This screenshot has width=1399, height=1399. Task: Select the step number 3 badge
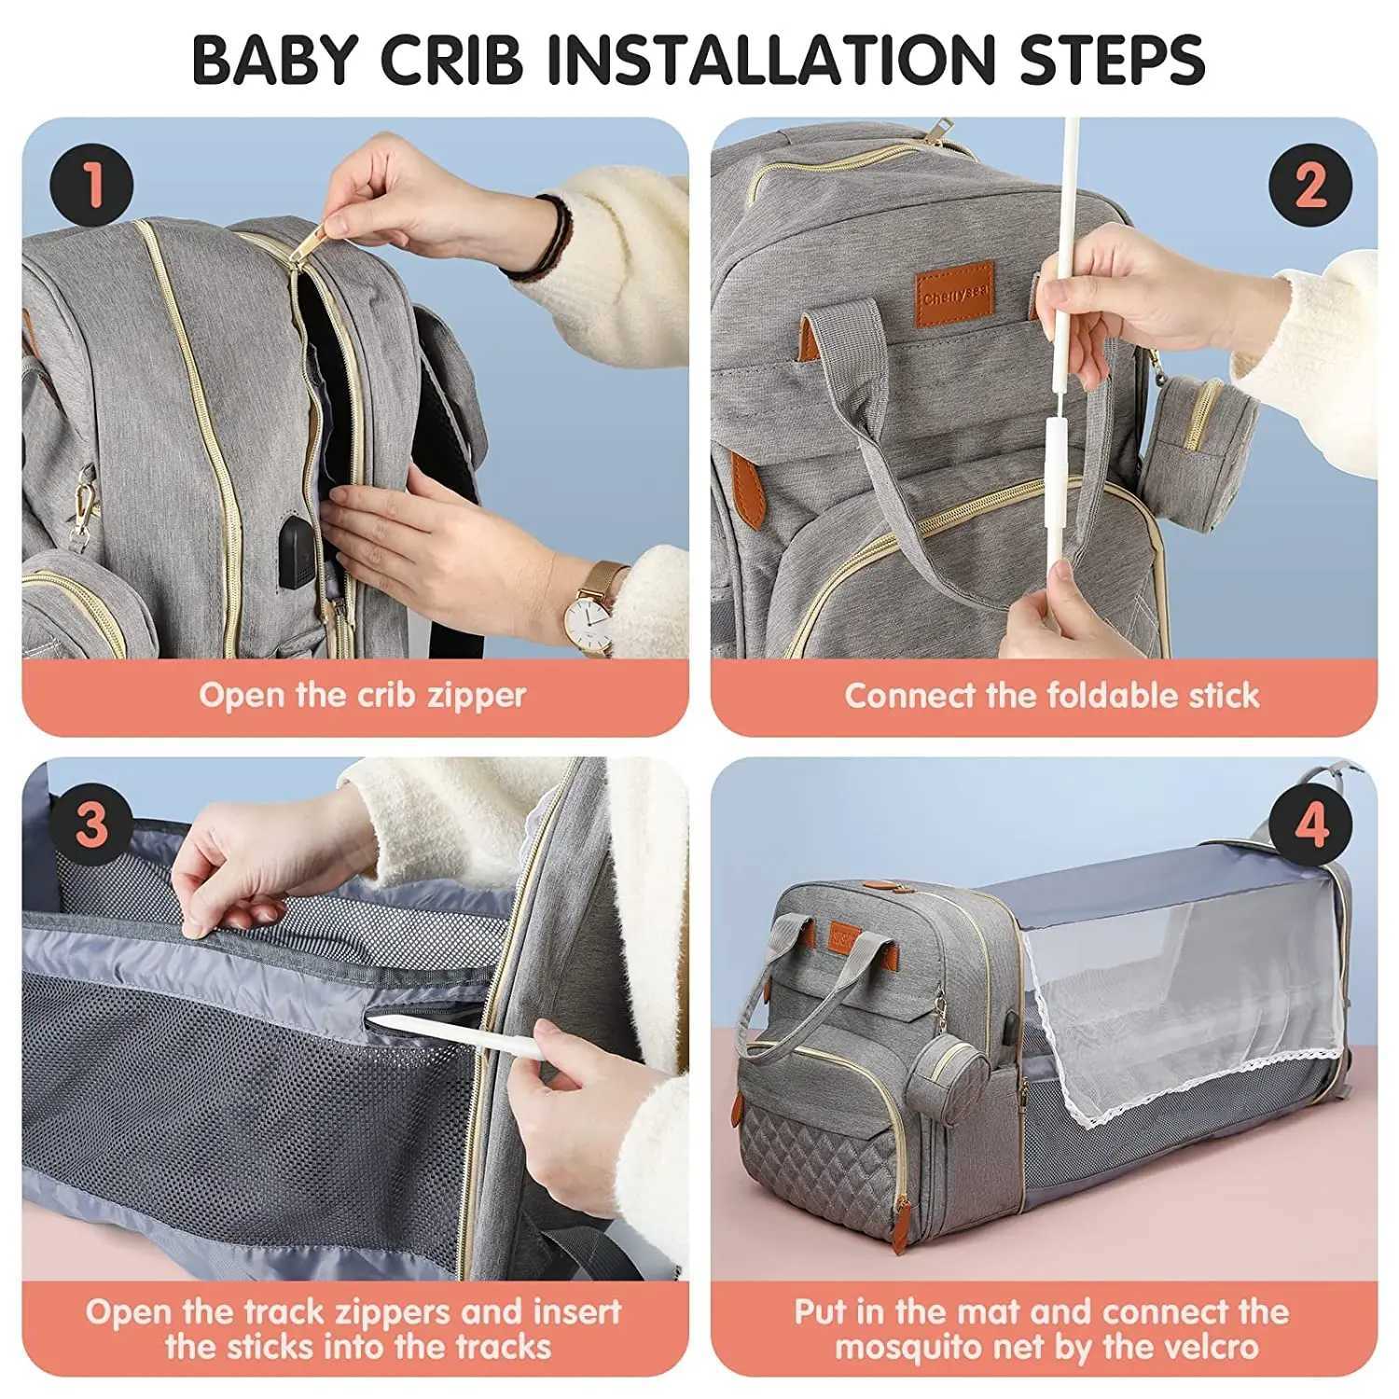click(91, 825)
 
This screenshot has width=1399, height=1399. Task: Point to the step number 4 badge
click(1310, 825)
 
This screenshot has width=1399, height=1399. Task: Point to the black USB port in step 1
click(298, 542)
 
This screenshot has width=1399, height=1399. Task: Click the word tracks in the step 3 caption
click(503, 1347)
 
